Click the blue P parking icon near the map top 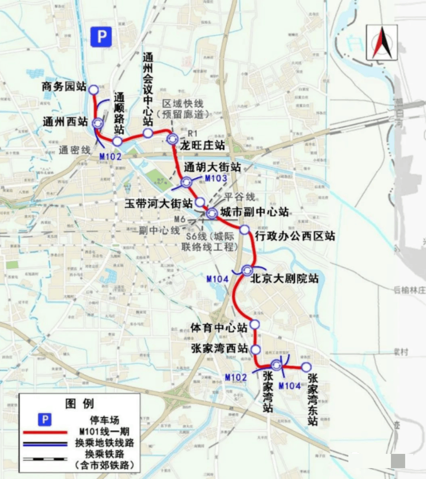pos(101,36)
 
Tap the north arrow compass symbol pos(382,42)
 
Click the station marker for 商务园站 pos(93,89)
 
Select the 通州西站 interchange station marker pos(98,123)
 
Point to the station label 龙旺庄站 pos(202,145)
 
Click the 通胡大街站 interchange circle pos(186,182)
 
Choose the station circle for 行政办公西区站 pos(244,230)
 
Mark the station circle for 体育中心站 pos(255,324)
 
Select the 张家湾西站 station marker pos(256,350)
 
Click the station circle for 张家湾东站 pos(306,367)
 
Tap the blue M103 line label pos(216,178)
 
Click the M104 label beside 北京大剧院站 pos(217,279)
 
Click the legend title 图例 pos(80,404)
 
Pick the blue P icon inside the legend pos(44,419)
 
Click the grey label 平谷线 pos(240,197)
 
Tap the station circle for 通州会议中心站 pos(148,133)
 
